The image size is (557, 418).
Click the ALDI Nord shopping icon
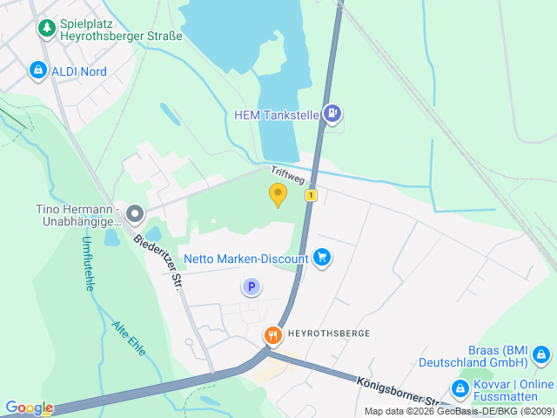37,70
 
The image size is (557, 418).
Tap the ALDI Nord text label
78,71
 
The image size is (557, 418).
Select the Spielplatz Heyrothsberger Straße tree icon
45,29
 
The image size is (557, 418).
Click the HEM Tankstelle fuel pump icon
332,112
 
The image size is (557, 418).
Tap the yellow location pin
278,195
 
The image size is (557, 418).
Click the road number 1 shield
311,196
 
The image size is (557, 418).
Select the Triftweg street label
287,176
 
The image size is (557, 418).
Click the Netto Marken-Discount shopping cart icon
323,258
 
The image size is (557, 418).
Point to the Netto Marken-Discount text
246,259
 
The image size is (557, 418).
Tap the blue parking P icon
251,287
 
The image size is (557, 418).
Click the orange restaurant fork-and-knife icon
273,334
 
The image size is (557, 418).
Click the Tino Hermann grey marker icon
134,213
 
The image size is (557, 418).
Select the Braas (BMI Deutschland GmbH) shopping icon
541,354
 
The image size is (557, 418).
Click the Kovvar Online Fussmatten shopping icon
459,387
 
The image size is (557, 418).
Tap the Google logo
29,408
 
